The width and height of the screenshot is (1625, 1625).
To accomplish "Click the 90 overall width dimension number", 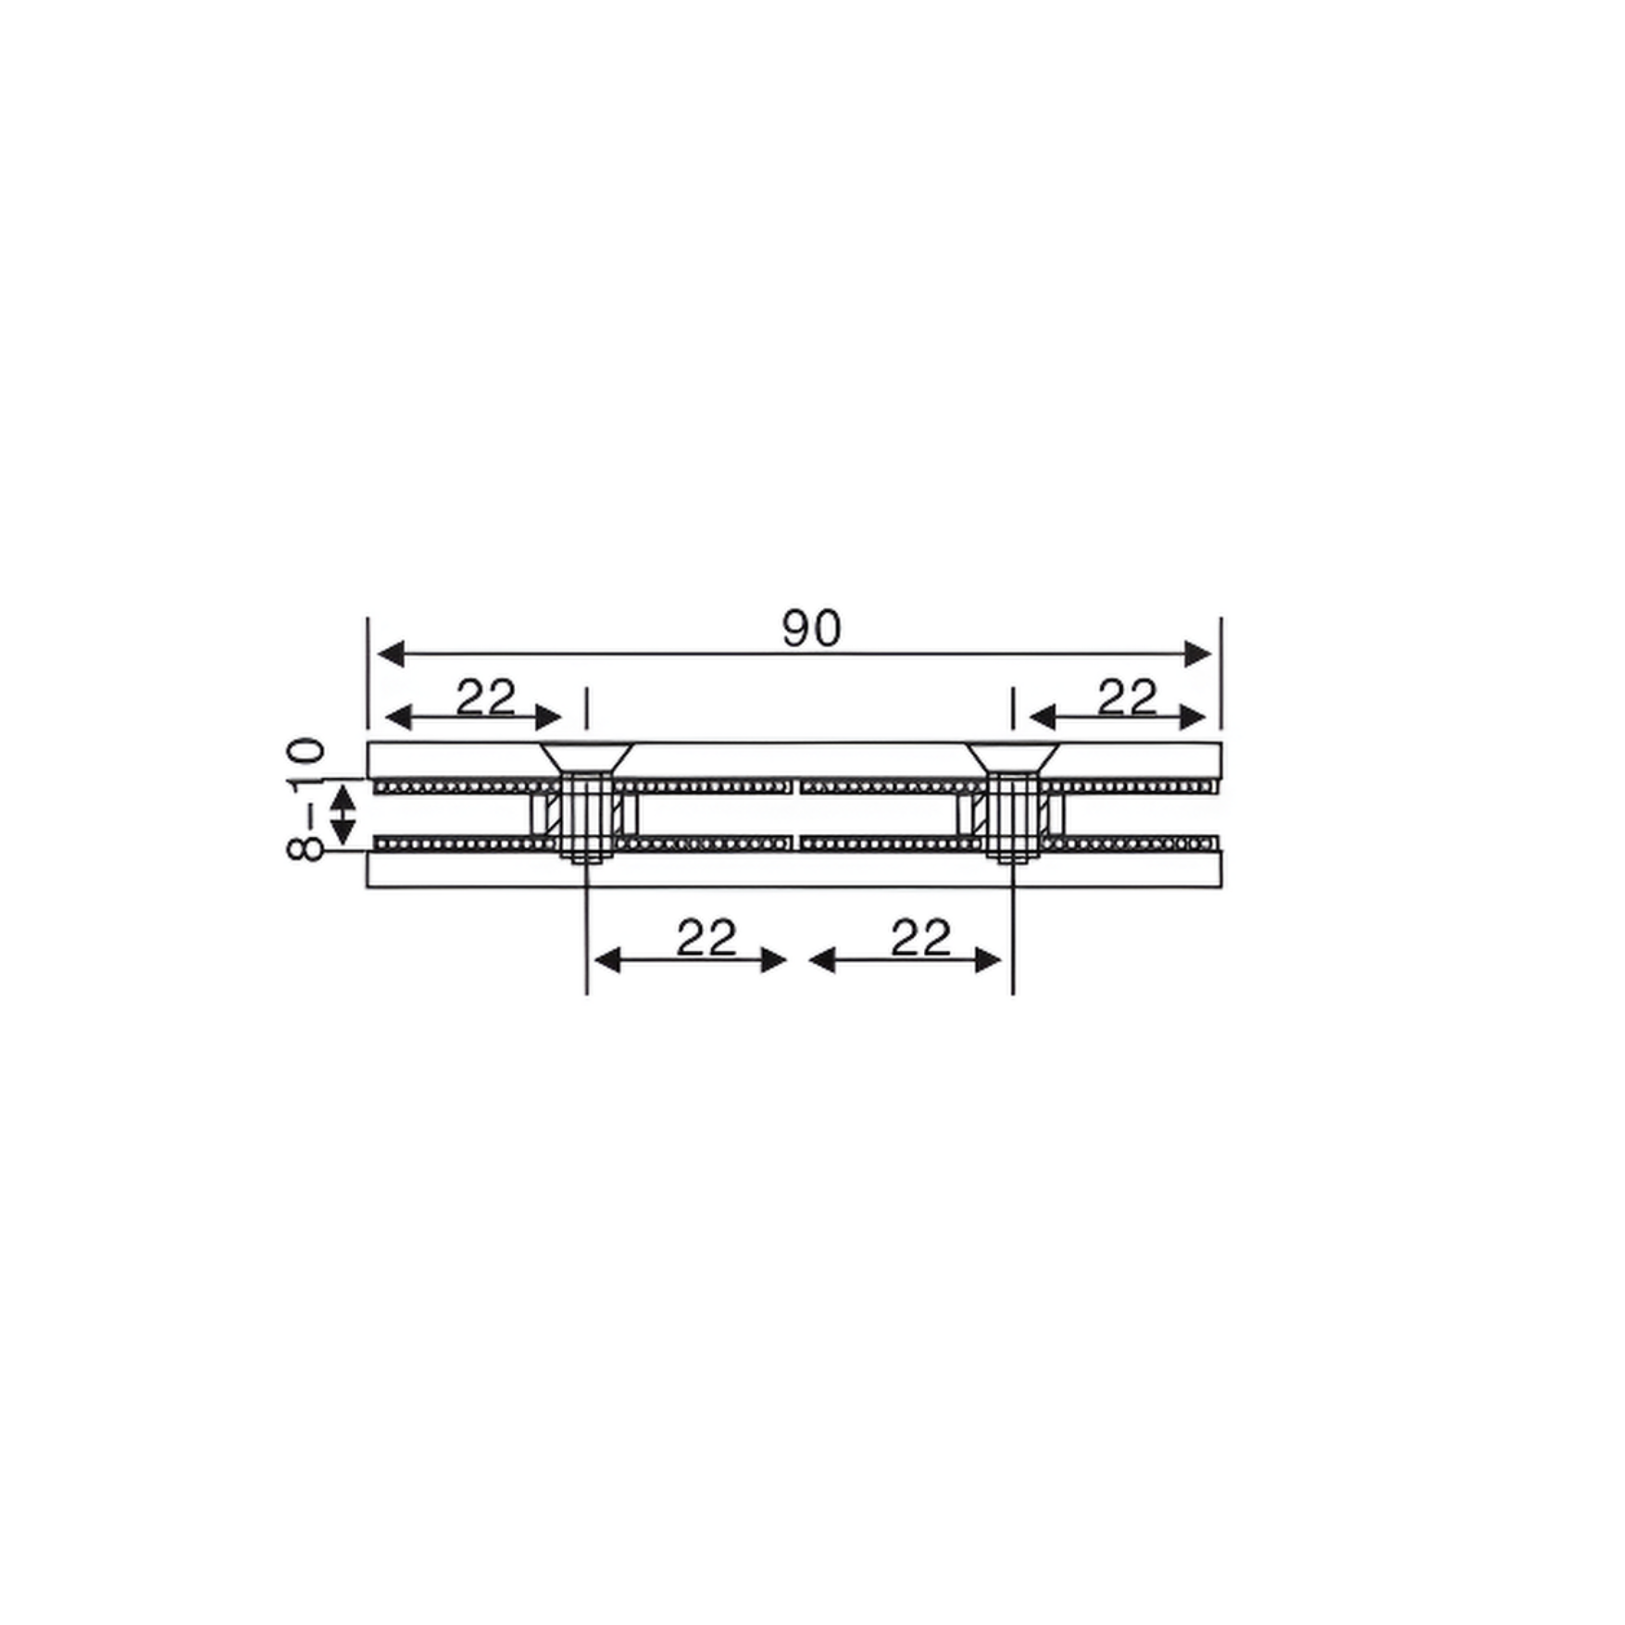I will [x=811, y=629].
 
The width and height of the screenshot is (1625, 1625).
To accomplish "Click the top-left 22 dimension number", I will [x=485, y=697].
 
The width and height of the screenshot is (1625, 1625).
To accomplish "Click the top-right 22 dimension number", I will [x=1127, y=697].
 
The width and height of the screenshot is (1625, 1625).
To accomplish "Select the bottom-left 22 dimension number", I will [x=706, y=938].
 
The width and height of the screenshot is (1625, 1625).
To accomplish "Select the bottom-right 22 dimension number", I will [x=921, y=938].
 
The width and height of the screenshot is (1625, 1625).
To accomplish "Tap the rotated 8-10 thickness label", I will [x=306, y=799].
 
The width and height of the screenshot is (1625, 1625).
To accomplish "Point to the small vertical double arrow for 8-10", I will [x=343, y=815].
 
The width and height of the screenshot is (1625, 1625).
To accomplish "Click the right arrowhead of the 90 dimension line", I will [x=1198, y=654].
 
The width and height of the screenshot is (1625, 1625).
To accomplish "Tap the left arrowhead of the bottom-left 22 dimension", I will [x=606, y=960].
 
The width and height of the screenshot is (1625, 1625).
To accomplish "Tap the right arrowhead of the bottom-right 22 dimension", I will [x=989, y=960].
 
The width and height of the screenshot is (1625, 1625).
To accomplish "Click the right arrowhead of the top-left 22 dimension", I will [x=549, y=717].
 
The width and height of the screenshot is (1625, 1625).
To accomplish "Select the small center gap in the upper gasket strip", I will [x=796, y=787].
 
